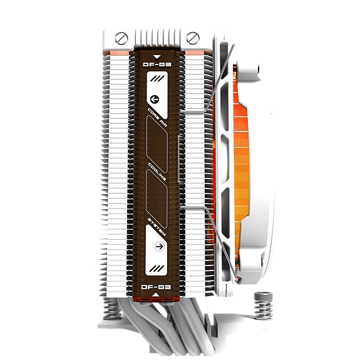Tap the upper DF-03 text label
[x=157, y=63]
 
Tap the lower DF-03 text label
[x=157, y=287]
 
